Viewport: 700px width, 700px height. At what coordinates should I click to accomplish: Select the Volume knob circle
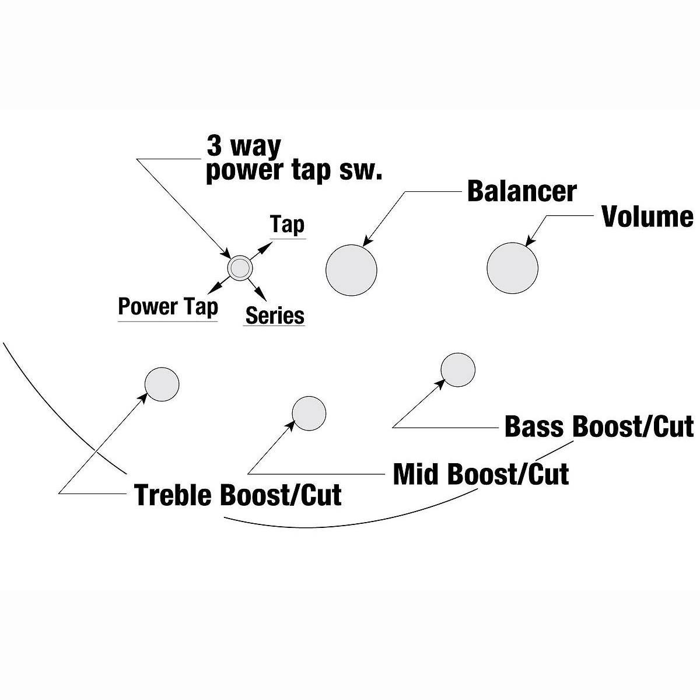point(512,268)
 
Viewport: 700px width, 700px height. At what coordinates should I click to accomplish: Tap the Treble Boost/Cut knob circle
point(162,384)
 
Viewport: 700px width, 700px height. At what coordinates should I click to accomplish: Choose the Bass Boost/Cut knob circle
point(458,369)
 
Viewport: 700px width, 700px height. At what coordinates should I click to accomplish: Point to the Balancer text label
point(521,191)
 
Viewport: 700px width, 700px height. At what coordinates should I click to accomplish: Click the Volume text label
point(647,216)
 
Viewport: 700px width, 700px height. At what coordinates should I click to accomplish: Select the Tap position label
point(288,225)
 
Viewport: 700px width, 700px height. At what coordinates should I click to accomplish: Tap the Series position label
point(275,316)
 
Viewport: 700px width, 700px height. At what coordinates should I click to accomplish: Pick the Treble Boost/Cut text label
point(238,495)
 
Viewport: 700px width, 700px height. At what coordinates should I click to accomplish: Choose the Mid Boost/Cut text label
point(481,474)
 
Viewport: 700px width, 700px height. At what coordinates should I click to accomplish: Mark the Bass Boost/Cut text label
point(599,426)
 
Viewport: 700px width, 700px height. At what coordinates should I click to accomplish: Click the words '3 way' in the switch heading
point(244,146)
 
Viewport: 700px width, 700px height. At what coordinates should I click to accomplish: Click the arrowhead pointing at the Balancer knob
point(367,241)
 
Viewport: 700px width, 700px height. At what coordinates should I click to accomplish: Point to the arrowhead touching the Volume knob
point(529,242)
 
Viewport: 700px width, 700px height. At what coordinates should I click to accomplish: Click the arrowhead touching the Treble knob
point(143,397)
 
